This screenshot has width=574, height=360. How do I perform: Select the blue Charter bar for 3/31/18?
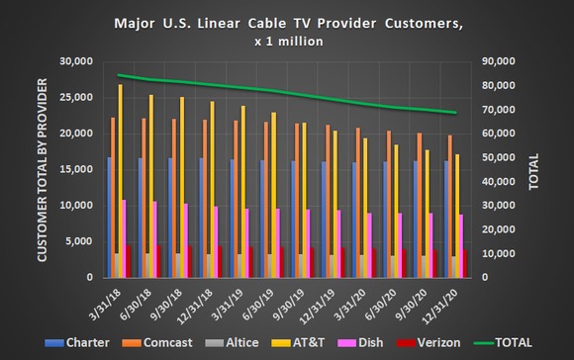109,217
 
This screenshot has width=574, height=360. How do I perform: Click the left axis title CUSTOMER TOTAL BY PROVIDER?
43,168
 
